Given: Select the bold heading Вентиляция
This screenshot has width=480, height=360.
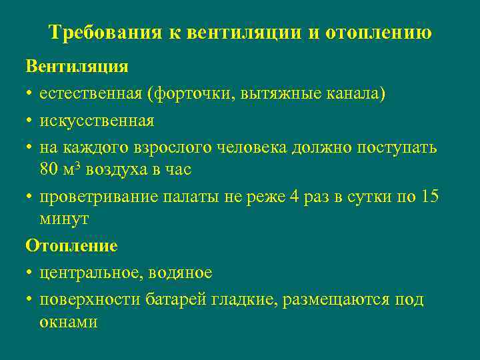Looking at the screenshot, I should pos(77,67).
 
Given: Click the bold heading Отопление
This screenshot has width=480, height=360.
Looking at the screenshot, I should pos(71,246).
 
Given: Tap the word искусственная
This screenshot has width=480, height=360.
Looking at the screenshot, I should pos(96,121).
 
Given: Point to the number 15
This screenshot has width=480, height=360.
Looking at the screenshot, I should pos(430,197).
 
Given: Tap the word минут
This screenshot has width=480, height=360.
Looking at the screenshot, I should pos(64,219).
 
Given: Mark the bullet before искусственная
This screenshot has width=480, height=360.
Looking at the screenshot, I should pos(30,121).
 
